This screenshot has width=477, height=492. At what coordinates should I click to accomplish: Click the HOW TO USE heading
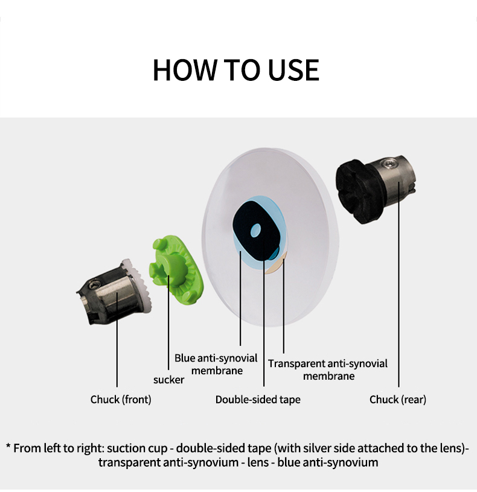pyautogui.click(x=236, y=69)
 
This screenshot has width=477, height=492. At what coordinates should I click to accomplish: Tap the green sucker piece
pyautogui.click(x=176, y=270)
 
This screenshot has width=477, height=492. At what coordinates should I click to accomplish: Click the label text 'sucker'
pyautogui.click(x=169, y=380)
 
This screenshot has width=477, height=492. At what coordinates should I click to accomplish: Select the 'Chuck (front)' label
pyautogui.click(x=121, y=400)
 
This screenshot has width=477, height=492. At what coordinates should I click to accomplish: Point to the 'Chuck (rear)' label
pyautogui.click(x=398, y=400)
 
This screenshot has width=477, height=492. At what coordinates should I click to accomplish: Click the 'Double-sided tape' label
pyautogui.click(x=258, y=400)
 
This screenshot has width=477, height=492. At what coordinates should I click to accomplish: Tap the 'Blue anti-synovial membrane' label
pyautogui.click(x=216, y=364)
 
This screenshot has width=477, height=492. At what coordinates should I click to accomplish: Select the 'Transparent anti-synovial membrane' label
pyautogui.click(x=328, y=369)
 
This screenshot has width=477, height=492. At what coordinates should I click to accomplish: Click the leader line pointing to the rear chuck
pyautogui.click(x=399, y=284)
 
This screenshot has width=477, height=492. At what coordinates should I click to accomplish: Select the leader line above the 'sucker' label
pyautogui.click(x=168, y=322)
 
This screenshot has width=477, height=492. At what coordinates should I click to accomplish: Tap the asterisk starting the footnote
pyautogui.click(x=8, y=446)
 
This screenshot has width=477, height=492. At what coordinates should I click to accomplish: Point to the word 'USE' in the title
pyautogui.click(x=293, y=69)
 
